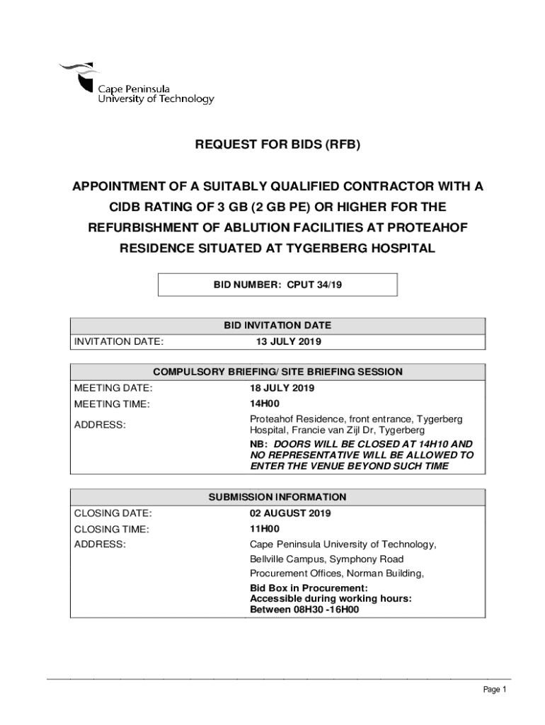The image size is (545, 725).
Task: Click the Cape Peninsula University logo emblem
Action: pos(79,76)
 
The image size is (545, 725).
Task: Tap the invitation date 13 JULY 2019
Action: pos(288,342)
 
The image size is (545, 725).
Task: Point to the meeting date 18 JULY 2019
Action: pos(282,388)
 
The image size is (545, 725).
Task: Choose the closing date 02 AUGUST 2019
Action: pos(289,513)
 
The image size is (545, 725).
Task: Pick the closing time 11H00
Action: pos(265,529)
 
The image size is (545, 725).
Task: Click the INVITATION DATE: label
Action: pos(119,342)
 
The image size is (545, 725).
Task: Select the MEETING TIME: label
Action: pos(112,404)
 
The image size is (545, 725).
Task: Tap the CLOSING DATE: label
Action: pos(113,513)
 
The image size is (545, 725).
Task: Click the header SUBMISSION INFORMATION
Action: pos(277,497)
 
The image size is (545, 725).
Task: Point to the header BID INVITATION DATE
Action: pos(277,326)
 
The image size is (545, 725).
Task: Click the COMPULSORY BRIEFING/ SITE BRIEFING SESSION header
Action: pos(277,372)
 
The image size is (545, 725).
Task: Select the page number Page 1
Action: pos(494,690)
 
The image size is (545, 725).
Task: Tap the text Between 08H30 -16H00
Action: pos(304,609)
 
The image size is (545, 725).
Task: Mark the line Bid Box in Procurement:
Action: pos(309,588)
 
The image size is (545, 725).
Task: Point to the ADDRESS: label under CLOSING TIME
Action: pos(100,544)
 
